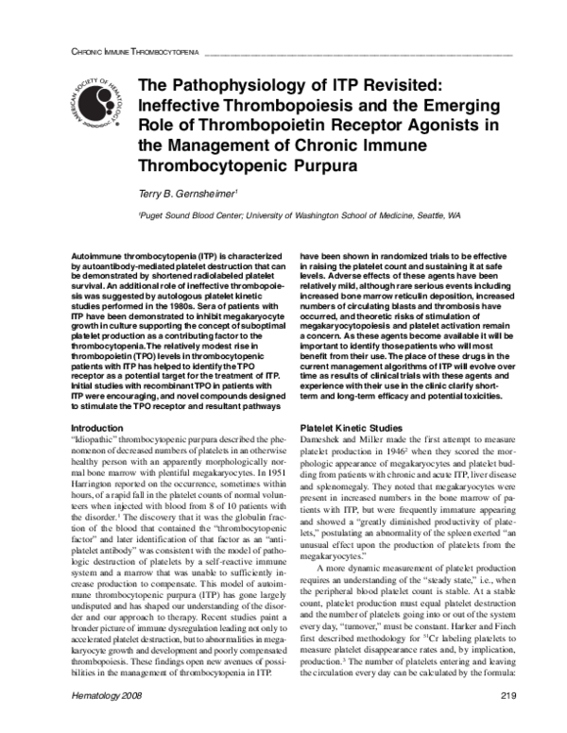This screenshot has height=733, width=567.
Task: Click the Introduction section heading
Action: click(98, 428)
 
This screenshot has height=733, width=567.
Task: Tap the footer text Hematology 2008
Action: click(109, 721)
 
